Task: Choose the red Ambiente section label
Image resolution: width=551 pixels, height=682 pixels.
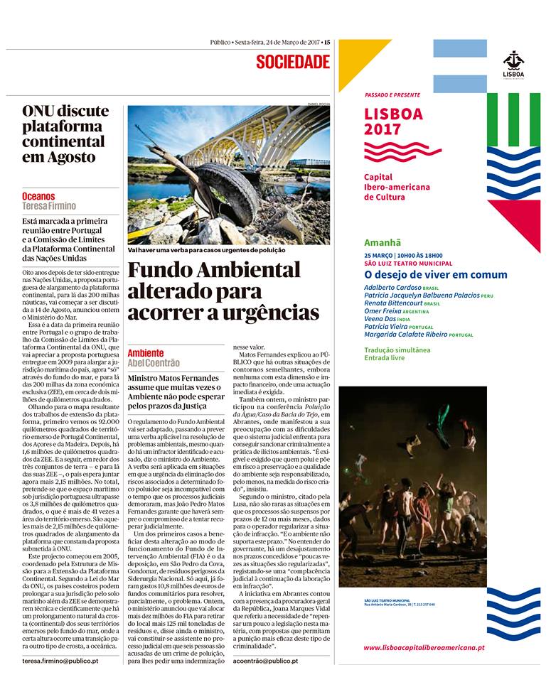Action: [146, 353]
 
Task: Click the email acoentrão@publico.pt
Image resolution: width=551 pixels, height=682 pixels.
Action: [265, 661]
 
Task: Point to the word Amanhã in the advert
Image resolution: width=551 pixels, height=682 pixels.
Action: [383, 242]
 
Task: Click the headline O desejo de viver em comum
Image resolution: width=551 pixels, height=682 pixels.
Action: [435, 274]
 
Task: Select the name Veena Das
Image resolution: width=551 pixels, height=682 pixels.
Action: [380, 319]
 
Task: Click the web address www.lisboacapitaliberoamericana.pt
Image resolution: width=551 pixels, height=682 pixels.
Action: [424, 648]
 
